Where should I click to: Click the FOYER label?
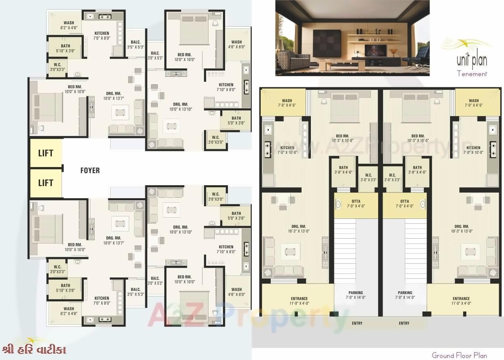coord(90,171)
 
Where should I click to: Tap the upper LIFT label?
coord(46,154)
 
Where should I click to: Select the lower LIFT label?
coord(46,183)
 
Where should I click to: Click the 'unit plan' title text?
coord(472,61)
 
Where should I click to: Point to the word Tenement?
coord(472,74)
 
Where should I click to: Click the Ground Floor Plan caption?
coord(459,356)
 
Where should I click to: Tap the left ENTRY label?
coord(357,323)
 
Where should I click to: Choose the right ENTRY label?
coord(404,323)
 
